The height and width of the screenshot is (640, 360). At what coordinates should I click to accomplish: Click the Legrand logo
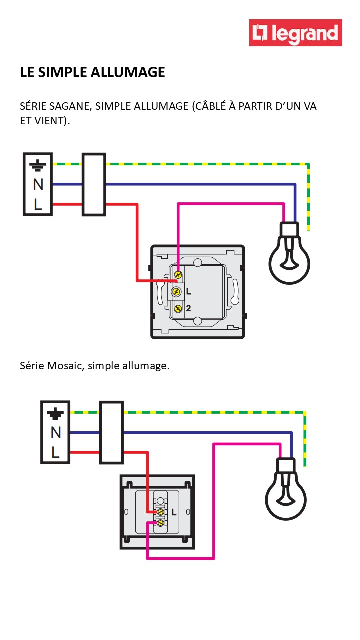tap(296, 33)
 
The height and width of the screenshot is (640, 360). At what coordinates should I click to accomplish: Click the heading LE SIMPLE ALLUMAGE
tap(92, 72)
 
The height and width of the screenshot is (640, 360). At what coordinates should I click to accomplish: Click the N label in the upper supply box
tap(38, 184)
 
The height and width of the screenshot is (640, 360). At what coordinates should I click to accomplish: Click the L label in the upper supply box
tap(38, 204)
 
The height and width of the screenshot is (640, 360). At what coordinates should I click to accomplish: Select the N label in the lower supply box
tap(55, 432)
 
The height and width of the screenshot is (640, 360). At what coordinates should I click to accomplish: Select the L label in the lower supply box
tap(55, 452)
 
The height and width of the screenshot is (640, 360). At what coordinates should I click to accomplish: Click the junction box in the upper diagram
tap(94, 184)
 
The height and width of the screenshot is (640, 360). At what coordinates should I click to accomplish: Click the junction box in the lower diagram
tap(111, 432)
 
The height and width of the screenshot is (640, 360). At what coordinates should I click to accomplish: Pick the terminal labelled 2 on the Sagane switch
tap(177, 308)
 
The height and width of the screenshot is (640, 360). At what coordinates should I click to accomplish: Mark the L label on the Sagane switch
tap(188, 291)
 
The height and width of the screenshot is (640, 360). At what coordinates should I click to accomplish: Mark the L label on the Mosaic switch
tap(173, 512)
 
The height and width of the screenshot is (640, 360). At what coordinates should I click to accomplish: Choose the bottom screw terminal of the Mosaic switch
tap(161, 522)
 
